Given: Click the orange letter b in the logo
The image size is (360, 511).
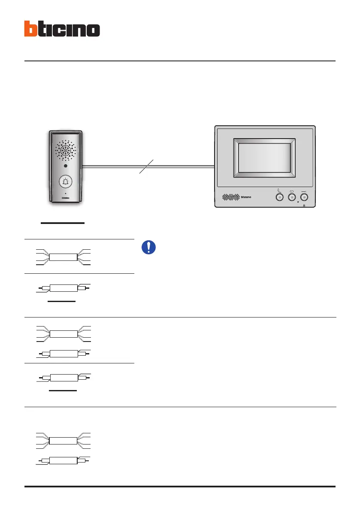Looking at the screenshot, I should coord(31,29).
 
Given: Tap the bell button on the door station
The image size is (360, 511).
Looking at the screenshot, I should coord(65,182).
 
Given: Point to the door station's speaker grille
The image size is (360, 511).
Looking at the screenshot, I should coord(65,150).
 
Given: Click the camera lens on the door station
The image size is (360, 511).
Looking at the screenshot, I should coord(65,166).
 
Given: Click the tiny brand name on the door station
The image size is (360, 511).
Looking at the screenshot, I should coord(65,198).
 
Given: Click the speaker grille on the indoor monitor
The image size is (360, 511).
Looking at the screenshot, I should coord(231,197).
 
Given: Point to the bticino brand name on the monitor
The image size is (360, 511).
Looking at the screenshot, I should coord(248,197).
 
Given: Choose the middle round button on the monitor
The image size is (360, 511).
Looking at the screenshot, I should coord(292,197).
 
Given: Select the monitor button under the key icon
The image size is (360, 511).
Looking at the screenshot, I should coord(305,197).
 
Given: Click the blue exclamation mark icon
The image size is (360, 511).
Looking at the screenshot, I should coord(148,247).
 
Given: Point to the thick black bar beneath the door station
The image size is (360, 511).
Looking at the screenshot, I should coord(63,223).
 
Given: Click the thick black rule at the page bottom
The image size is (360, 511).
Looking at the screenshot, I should coord(180,486).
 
